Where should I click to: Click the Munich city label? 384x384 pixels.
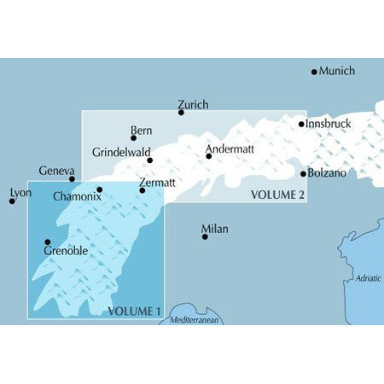[336, 71]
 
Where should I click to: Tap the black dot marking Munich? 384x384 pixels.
[314, 72]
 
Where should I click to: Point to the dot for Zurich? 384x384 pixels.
[181, 112]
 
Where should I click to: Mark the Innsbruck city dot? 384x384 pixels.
[301, 125]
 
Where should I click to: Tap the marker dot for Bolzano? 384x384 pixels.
[303, 173]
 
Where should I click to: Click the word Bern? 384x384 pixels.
[141, 131]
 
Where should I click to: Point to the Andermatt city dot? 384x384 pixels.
[208, 156]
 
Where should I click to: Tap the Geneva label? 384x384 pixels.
[57, 171]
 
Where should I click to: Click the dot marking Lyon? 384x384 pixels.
[12, 201]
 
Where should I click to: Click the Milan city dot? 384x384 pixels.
[205, 236]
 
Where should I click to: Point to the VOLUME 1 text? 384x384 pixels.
[135, 311]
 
